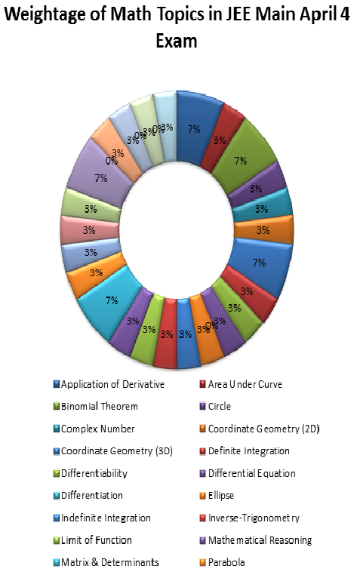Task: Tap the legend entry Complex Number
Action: (x=97, y=429)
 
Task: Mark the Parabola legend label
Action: (x=228, y=562)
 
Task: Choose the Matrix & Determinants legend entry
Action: (x=109, y=562)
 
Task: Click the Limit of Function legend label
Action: (x=97, y=540)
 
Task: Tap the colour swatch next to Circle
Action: (x=202, y=407)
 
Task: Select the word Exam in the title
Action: (x=176, y=41)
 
